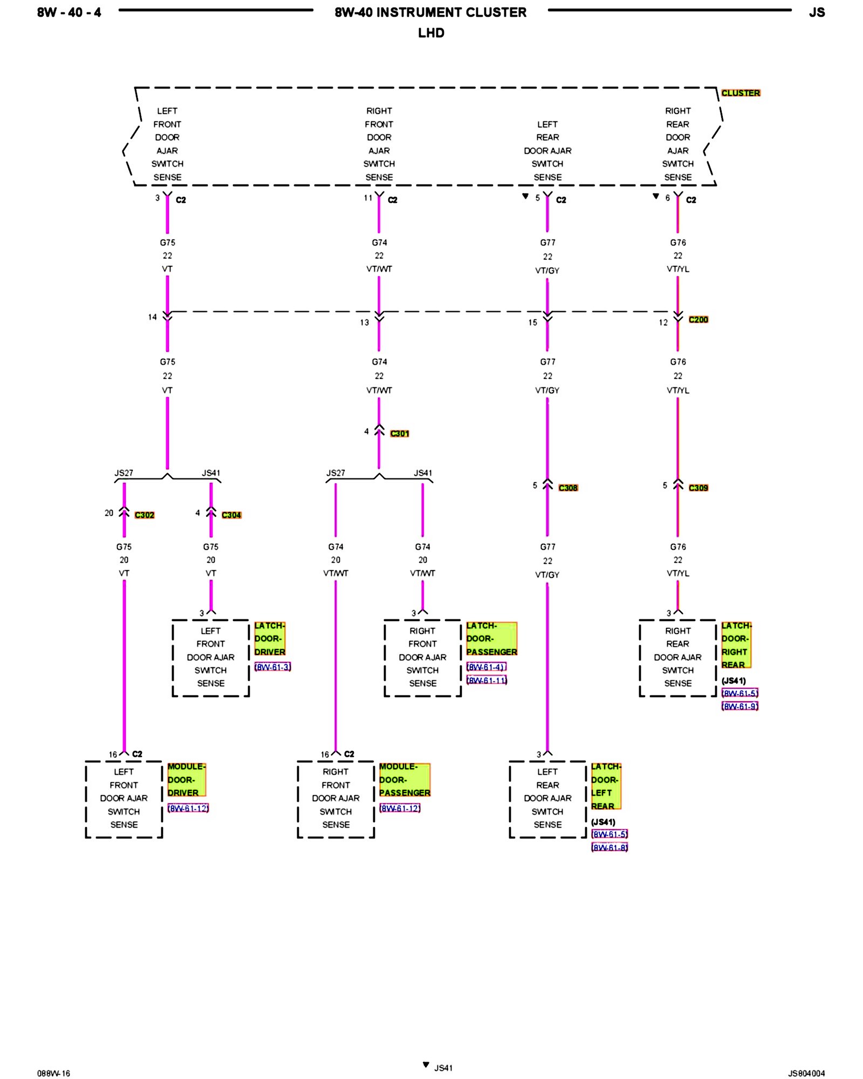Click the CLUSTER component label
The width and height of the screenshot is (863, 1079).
741,93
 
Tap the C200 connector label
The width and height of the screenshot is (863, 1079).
698,319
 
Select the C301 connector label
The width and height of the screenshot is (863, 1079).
399,433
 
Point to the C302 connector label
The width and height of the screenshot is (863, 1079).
144,515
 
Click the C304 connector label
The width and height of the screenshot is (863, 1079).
231,515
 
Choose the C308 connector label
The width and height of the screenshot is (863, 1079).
568,488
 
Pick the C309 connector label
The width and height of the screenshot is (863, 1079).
698,488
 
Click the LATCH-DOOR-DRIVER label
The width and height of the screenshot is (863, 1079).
270,639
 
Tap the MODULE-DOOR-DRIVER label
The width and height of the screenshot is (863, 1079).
187,780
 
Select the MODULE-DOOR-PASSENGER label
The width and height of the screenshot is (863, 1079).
405,780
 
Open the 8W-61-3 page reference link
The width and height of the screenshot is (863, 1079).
272,667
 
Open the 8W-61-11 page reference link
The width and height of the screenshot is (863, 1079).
487,680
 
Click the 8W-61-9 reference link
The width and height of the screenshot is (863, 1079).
739,706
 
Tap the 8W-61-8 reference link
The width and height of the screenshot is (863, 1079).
609,848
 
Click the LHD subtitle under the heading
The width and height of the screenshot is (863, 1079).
431,33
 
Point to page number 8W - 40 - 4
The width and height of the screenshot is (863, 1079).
69,12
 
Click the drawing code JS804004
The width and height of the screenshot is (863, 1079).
806,1073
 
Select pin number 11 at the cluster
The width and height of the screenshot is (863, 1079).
368,198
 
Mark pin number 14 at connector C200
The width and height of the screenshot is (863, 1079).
153,317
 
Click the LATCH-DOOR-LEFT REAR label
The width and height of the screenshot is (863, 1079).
606,786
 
